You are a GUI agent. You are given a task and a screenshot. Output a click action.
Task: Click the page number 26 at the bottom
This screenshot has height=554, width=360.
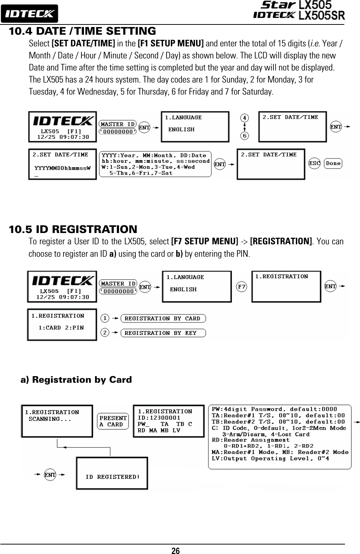[x=176, y=550]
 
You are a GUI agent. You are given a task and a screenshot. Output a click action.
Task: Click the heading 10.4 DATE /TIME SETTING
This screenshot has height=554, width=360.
[x=82, y=31]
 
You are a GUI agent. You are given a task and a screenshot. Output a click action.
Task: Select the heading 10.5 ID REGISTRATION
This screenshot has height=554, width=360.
[x=73, y=229]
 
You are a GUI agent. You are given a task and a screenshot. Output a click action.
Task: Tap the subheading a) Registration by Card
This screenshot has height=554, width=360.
[x=76, y=380]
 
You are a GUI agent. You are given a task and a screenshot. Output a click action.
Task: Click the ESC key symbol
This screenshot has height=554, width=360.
[x=314, y=163]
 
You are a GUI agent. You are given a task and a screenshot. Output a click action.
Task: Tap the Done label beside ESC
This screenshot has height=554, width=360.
[x=333, y=163]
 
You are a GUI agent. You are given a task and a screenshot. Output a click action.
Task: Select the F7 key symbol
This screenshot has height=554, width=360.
[x=241, y=287]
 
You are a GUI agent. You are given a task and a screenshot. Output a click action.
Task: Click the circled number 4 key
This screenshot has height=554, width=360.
[x=244, y=118]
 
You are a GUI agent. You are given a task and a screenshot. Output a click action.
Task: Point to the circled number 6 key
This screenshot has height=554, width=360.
[x=244, y=135]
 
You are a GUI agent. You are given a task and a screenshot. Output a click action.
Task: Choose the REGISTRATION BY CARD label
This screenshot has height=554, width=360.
[x=163, y=318]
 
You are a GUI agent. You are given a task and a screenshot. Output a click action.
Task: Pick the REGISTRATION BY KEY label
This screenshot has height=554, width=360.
[x=163, y=333]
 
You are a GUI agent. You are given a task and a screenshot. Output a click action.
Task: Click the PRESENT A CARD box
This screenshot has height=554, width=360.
[x=113, y=421]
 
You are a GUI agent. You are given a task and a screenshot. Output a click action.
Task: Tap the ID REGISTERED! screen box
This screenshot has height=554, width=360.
[x=112, y=473]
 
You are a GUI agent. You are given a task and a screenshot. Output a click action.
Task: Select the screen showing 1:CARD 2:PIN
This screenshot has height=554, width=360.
[x=62, y=325]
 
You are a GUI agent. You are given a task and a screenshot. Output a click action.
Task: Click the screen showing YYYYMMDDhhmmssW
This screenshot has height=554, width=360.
[x=62, y=164]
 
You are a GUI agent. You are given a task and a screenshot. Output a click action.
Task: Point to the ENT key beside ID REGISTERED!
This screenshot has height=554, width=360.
[x=50, y=475]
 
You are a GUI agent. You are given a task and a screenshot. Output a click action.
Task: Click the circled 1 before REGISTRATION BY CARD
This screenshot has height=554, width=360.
[x=105, y=318]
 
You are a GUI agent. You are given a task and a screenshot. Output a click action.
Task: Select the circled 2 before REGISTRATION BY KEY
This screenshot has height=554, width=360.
[x=105, y=333]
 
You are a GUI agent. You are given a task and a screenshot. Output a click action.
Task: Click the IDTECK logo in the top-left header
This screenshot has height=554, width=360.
[x=29, y=14]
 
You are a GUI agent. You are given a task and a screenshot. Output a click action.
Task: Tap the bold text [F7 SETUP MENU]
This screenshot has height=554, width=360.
[x=204, y=241]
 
